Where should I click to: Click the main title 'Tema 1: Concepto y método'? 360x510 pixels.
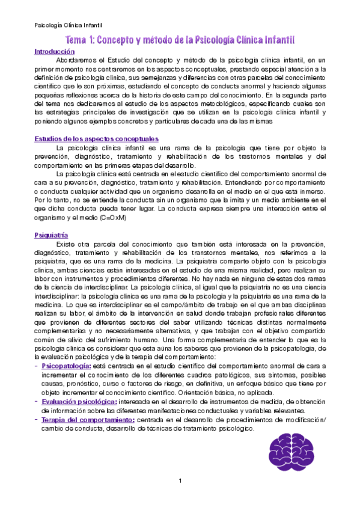tap(180, 40)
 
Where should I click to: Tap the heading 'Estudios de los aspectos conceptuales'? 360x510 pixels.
tap(96, 139)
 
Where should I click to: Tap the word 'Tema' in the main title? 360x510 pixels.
tap(79, 40)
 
